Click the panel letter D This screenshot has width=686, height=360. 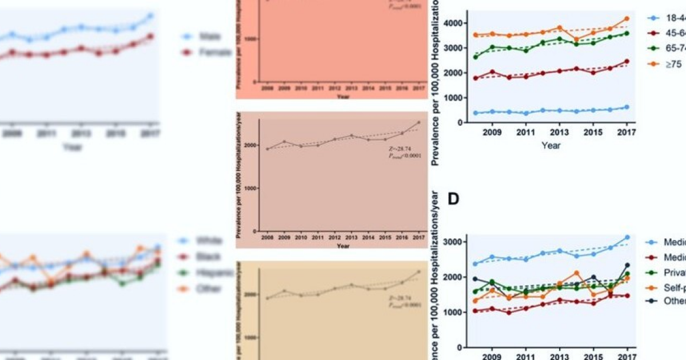[x=453, y=199]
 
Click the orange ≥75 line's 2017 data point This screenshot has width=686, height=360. [x=627, y=19]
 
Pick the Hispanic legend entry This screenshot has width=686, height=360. [x=214, y=273]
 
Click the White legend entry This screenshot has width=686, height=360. [x=209, y=241]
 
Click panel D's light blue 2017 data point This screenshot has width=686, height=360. [x=627, y=237]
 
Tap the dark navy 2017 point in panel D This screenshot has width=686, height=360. [x=627, y=265]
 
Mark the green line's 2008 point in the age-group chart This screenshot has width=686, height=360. [x=476, y=57]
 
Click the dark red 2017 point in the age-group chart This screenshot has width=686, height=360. [x=627, y=61]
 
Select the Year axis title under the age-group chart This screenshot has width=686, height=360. [x=551, y=146]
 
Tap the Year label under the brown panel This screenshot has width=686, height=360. [x=343, y=246]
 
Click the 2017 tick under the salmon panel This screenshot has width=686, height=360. [x=420, y=90]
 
